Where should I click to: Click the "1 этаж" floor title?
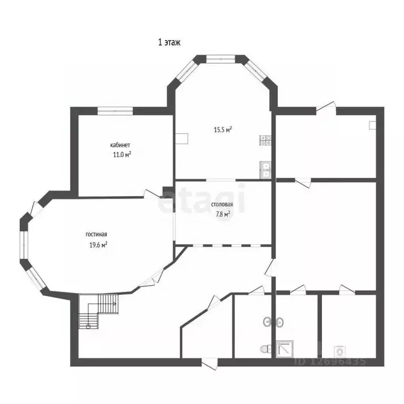click(x=169, y=42)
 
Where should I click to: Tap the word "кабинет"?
click(x=120, y=145)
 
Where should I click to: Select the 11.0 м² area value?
click(x=122, y=154)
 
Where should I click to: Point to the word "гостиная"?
click(x=96, y=235)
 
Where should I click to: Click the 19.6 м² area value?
click(x=98, y=245)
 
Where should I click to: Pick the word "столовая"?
click(x=222, y=205)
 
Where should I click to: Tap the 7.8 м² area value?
click(x=223, y=214)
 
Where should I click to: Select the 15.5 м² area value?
click(x=223, y=129)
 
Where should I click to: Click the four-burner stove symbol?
click(x=265, y=140)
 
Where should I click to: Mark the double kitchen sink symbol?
click(x=265, y=170)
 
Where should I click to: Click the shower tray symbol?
click(x=285, y=349)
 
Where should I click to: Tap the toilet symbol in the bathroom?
click(x=266, y=349)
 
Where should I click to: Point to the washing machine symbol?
click(x=340, y=351)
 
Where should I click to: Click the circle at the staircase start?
click(x=88, y=327)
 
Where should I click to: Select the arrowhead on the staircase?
click(x=114, y=304)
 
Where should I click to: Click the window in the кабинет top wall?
click(x=115, y=111)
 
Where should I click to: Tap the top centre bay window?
click(x=220, y=59)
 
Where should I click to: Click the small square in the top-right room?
click(x=372, y=125)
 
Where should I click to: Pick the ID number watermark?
click(x=330, y=361)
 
